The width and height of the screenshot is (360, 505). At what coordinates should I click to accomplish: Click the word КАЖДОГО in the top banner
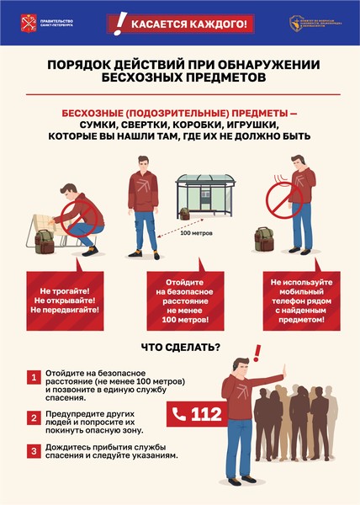[x=218, y=23]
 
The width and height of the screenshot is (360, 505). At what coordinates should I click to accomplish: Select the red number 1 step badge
[x=34, y=379]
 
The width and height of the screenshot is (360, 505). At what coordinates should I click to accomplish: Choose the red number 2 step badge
[x=34, y=417]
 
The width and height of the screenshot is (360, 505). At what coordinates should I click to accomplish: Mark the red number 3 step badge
[x=34, y=450]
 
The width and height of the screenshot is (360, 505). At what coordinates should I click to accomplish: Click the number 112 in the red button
[x=206, y=413]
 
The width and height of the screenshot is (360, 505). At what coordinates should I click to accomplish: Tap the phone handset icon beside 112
[x=179, y=413]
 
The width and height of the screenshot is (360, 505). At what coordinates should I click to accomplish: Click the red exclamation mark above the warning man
[x=257, y=351]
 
